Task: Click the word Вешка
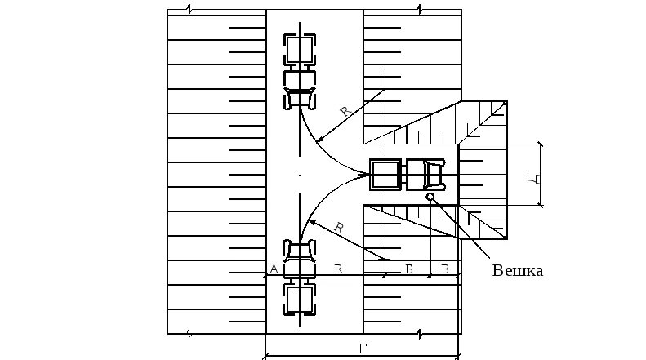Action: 517,270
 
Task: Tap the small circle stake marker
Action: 430,197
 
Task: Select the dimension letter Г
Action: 363,348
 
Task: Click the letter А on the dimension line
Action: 274,270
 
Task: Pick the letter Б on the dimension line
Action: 408,270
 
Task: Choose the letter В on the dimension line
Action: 444,270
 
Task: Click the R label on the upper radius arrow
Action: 345,112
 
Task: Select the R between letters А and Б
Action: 337,270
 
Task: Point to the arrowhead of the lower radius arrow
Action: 311,220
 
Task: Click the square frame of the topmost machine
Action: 299,49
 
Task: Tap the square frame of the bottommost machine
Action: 299,299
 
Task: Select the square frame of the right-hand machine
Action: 385,174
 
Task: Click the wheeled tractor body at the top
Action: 300,87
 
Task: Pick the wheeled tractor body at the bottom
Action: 300,258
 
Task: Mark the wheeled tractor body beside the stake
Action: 425,174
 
